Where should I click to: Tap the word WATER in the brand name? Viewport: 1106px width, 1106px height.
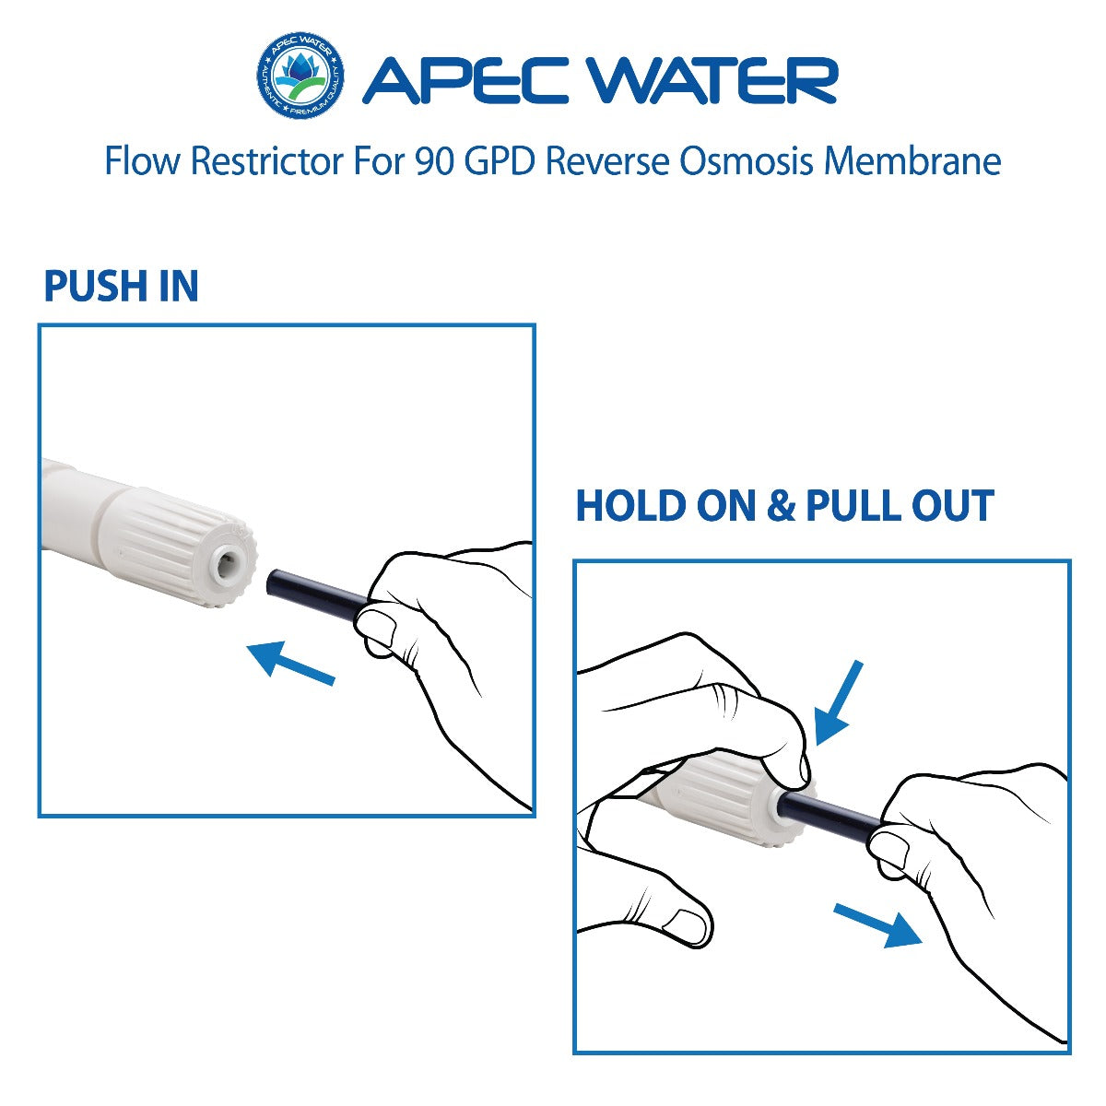(x=714, y=81)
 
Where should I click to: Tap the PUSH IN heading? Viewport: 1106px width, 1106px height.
(x=121, y=287)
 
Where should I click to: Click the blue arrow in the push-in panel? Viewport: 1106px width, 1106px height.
(x=289, y=664)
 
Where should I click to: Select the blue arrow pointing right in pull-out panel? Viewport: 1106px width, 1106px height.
(x=878, y=924)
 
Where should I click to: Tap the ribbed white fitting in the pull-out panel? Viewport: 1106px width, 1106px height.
(x=728, y=801)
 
